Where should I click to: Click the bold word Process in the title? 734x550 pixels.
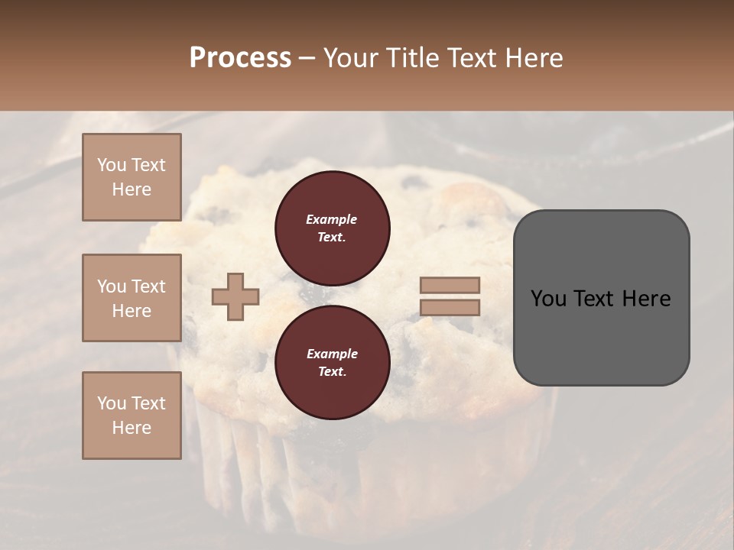click(x=240, y=58)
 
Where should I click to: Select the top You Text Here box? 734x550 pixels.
click(x=132, y=177)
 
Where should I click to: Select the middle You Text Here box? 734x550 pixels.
click(x=132, y=298)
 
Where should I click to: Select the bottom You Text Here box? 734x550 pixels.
click(x=132, y=416)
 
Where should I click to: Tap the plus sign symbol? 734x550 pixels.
click(x=235, y=296)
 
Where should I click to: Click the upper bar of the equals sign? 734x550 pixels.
click(x=450, y=286)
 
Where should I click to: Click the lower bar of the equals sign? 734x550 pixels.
click(x=450, y=307)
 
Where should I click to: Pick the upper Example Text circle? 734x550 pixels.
click(x=332, y=228)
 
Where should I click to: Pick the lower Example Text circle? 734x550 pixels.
click(x=332, y=363)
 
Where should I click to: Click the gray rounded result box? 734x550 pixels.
click(x=601, y=336)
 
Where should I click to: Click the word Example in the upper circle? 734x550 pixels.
click(x=331, y=220)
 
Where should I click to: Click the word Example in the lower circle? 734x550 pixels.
click(x=332, y=354)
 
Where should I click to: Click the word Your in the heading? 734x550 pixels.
click(x=351, y=58)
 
